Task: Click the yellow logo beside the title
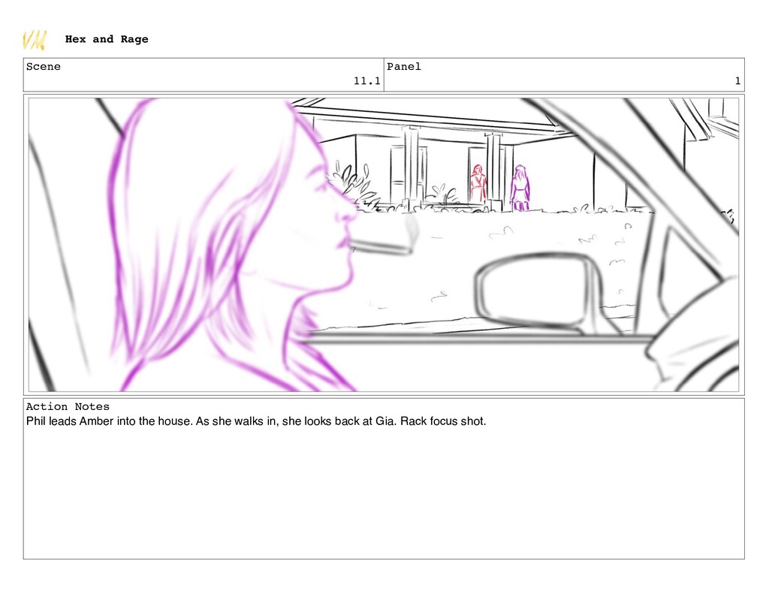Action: pos(35,40)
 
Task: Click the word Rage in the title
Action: pos(134,39)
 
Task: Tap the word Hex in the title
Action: pos(76,39)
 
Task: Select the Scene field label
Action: pos(43,66)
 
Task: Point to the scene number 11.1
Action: pos(366,81)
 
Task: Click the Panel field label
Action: pos(403,66)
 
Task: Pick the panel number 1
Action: pos(737,81)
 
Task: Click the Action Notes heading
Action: pos(68,406)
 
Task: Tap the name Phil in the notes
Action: pos(36,421)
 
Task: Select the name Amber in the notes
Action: pos(97,421)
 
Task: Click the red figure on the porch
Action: pos(478,183)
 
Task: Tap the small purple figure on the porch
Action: pos(520,188)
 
